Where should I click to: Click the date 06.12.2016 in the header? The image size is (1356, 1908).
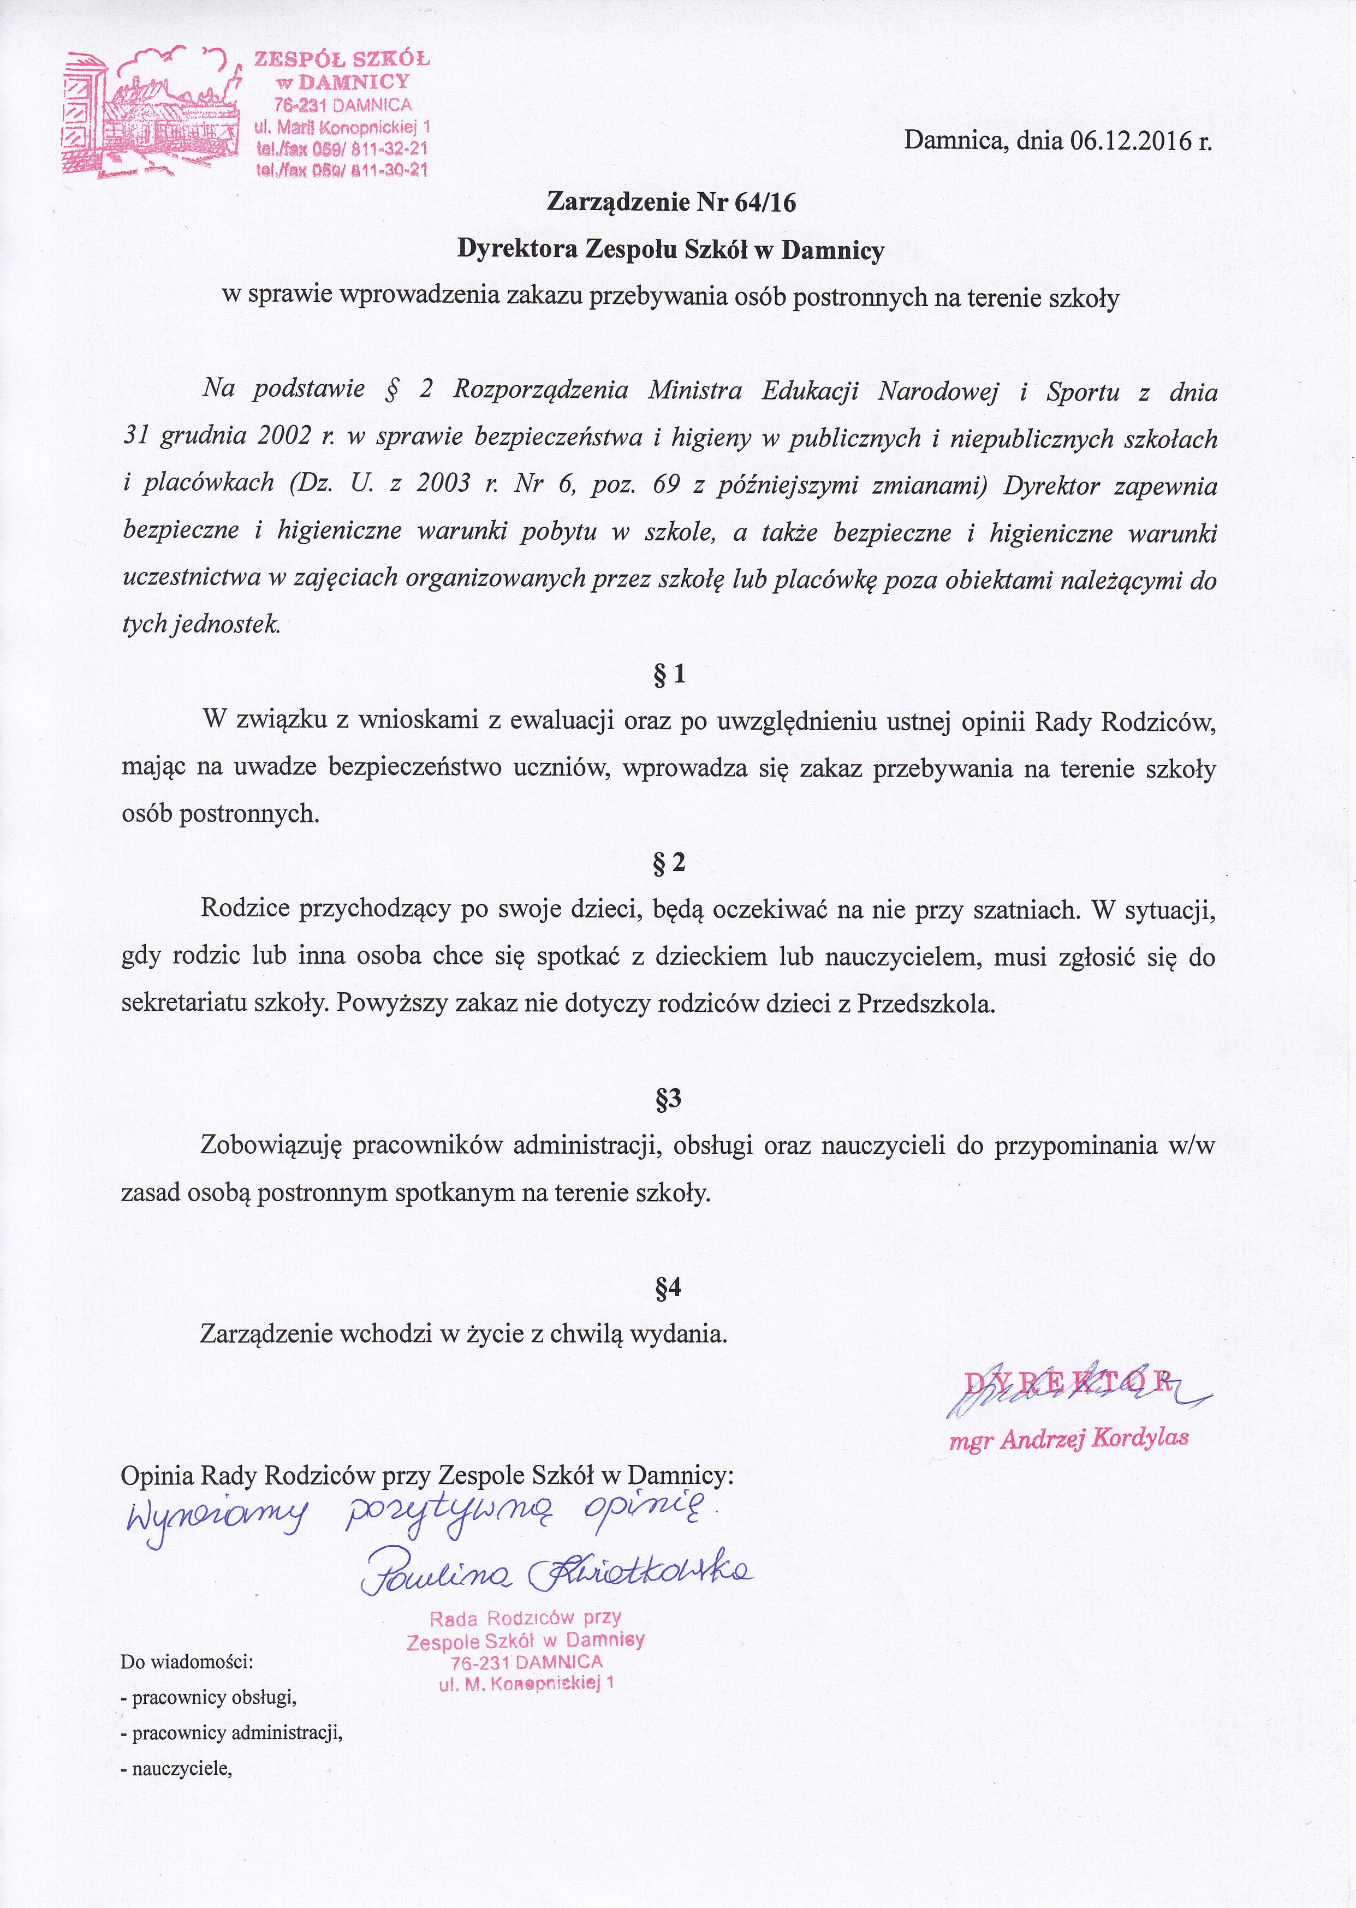pyautogui.click(x=1129, y=141)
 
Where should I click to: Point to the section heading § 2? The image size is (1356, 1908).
pyautogui.click(x=670, y=862)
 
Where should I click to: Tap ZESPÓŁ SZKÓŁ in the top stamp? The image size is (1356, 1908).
pyautogui.click(x=342, y=59)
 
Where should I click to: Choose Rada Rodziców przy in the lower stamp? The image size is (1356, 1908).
pyautogui.click(x=525, y=1618)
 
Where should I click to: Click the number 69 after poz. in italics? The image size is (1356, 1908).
pyautogui.click(x=665, y=485)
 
